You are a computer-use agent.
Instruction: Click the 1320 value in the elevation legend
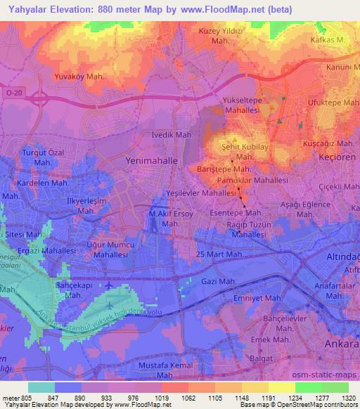346,397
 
